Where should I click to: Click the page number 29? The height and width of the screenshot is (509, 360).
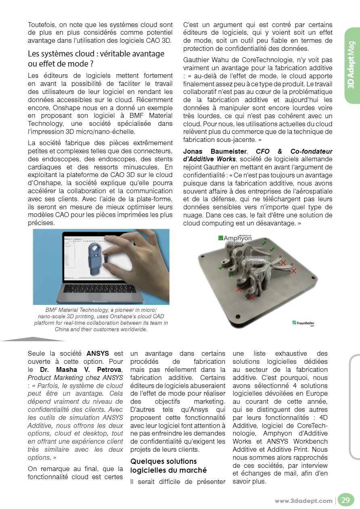coord(345,501)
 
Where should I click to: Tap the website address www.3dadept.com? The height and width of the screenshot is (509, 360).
coord(303,501)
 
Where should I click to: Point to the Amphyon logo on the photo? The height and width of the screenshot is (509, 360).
coord(235,238)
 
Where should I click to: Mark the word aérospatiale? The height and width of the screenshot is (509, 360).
coord(313,191)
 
